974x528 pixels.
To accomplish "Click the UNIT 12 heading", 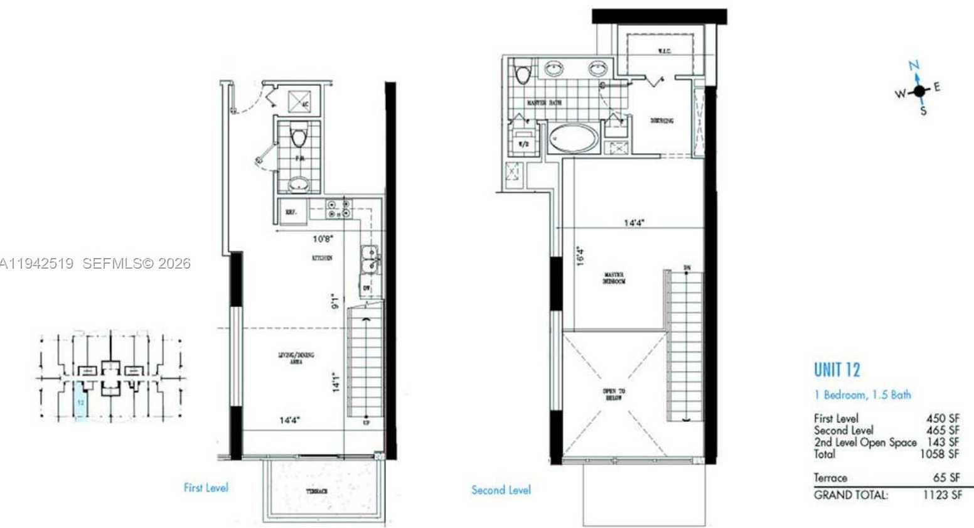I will click(x=837, y=370).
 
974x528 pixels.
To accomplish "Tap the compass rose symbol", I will click(x=919, y=91).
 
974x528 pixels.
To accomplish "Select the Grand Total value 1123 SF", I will click(x=941, y=495).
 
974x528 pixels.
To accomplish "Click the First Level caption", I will click(x=206, y=487).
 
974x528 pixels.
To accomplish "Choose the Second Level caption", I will click(x=501, y=490).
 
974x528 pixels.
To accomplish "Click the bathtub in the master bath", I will click(x=573, y=138).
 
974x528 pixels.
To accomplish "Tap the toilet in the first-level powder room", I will click(x=299, y=136).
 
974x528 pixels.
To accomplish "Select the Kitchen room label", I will click(x=322, y=258).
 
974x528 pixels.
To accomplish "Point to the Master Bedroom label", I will click(x=614, y=278).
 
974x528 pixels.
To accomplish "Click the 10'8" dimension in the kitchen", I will click(x=323, y=239).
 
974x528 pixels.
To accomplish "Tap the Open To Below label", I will click(x=614, y=394).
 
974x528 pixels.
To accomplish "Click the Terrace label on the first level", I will click(x=317, y=491).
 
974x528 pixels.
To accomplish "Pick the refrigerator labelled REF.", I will click(x=291, y=212).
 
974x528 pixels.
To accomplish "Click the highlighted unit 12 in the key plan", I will click(x=80, y=399).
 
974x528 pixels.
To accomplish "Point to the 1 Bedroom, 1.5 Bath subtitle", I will click(x=862, y=395).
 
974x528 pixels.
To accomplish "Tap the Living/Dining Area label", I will click(x=296, y=358).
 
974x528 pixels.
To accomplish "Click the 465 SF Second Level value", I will click(x=943, y=431).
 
